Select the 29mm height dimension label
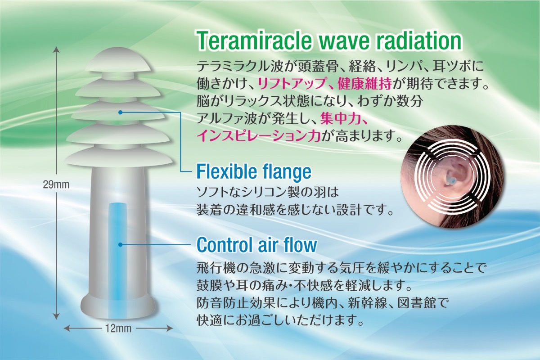tap(56, 184)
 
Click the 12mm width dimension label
tap(118, 328)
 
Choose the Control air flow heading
tap(257, 244)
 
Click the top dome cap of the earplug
tap(118, 60)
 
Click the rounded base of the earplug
tap(117, 307)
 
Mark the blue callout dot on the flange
tap(121, 112)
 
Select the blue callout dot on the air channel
tap(120, 245)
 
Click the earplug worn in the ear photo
tap(449, 180)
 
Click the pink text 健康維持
tap(364, 84)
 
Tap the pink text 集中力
tap(340, 118)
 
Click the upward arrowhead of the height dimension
tap(56, 49)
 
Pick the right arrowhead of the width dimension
tap(170, 328)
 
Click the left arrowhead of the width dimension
tap(67, 328)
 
